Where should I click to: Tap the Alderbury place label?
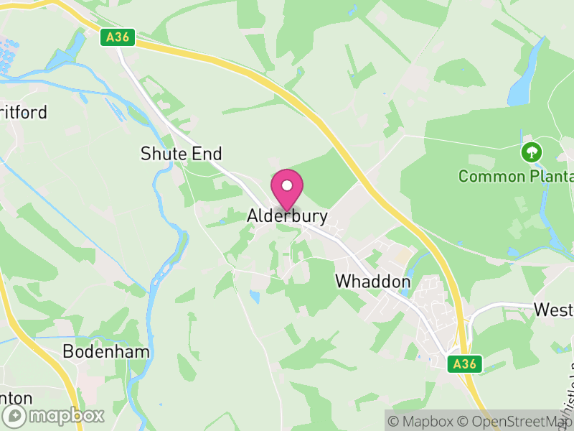(287, 215)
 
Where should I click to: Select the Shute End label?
(182, 153)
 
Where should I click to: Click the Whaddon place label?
(373, 282)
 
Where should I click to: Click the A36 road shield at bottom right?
(464, 364)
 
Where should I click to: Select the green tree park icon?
(531, 152)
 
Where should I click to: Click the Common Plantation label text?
(515, 176)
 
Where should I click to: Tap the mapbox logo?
(54, 415)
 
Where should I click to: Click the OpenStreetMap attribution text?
(517, 421)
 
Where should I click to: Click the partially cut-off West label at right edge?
(553, 310)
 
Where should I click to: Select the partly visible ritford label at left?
(24, 112)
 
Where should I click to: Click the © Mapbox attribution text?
(423, 421)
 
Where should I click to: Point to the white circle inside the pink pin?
(287, 185)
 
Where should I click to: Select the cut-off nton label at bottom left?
(17, 397)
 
